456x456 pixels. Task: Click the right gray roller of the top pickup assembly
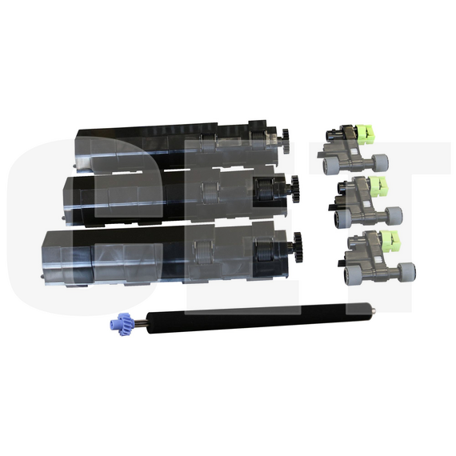click(x=380, y=162)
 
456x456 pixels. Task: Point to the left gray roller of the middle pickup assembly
click(x=335, y=216)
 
